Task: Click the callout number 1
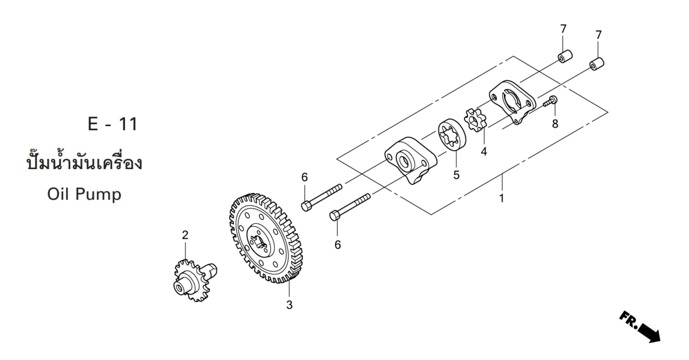click(501, 198)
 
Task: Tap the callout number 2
click(185, 235)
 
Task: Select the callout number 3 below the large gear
click(289, 305)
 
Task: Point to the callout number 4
click(484, 152)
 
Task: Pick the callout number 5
click(456, 175)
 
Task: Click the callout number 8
click(555, 124)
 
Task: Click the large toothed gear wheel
click(266, 238)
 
